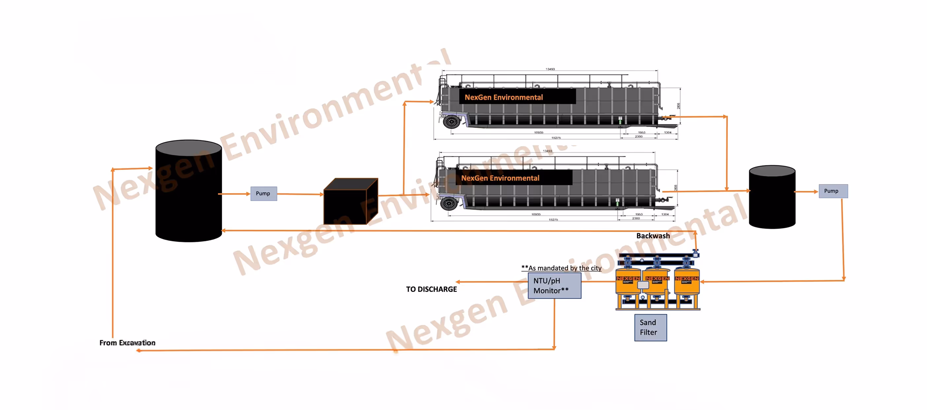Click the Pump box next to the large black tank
tap(263, 193)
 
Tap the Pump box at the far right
tap(833, 191)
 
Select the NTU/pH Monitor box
tap(554, 285)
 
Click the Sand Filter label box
tap(650, 327)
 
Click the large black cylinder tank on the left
tap(188, 191)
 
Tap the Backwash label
tap(653, 236)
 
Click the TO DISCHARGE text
tap(431, 289)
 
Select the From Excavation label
tap(127, 343)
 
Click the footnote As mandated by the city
tap(561, 268)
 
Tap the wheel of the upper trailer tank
tap(452, 121)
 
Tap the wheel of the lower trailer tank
tap(449, 204)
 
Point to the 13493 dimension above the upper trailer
tap(550, 69)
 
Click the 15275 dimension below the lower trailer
tap(553, 220)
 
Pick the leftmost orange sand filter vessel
tap(628, 285)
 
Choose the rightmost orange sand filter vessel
tap(687, 285)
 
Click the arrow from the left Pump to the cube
tap(300, 194)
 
